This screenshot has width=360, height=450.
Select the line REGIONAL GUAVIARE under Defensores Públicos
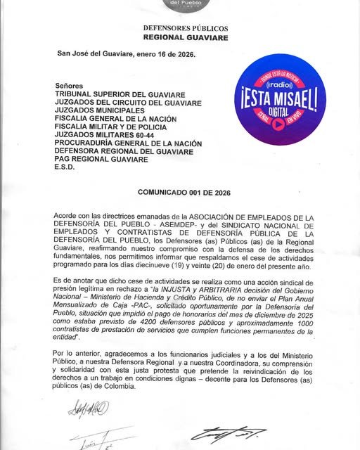pyautogui.click(x=185, y=37)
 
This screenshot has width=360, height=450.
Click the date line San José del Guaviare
pyautogui.click(x=126, y=53)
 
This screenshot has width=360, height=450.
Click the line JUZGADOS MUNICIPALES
pyautogui.click(x=98, y=110)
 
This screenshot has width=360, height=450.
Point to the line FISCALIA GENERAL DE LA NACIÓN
pyautogui.click(x=116, y=119)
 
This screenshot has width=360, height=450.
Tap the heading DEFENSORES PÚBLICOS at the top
pyautogui.click(x=185, y=27)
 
